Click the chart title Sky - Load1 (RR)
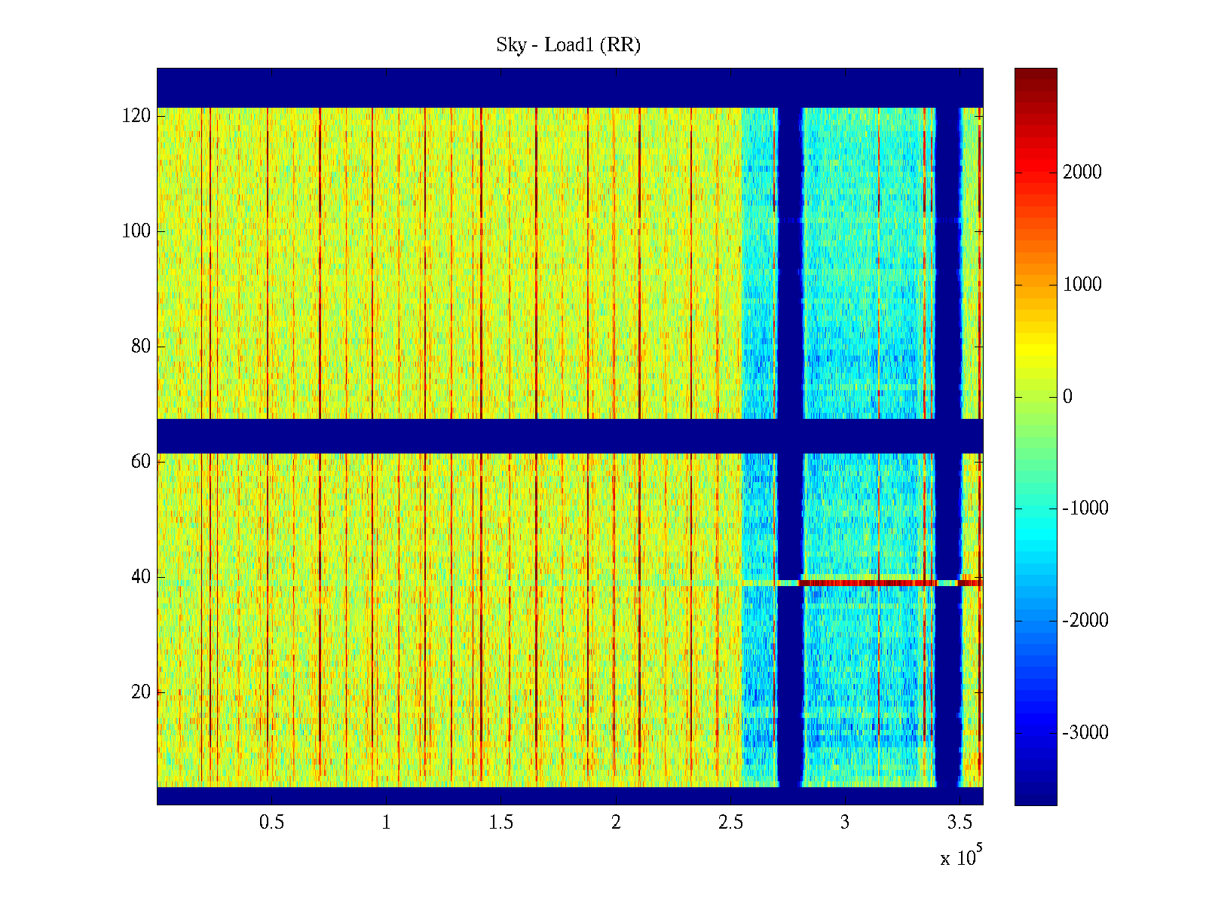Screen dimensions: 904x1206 [568, 45]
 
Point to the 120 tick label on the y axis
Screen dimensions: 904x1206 [136, 116]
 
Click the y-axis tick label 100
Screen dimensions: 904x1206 [136, 231]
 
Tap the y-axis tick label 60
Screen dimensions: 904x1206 [141, 462]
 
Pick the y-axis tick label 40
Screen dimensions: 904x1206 [141, 577]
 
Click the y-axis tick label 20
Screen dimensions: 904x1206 [141, 692]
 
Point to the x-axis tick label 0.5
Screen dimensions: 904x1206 [272, 823]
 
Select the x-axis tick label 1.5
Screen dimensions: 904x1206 [501, 823]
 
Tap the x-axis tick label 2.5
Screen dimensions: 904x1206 [730, 823]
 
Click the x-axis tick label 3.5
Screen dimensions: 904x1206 [960, 823]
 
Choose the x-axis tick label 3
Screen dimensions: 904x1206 [845, 823]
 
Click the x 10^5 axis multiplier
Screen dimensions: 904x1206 [960, 857]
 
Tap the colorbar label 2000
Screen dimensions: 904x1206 [1082, 173]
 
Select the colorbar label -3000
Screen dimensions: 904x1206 [1085, 733]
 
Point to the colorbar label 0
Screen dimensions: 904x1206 [1067, 397]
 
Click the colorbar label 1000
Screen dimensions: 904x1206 [1082, 285]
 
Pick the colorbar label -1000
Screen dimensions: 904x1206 [1085, 508]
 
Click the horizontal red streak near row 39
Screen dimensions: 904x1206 [867, 583]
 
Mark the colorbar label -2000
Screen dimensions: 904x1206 [1085, 621]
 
